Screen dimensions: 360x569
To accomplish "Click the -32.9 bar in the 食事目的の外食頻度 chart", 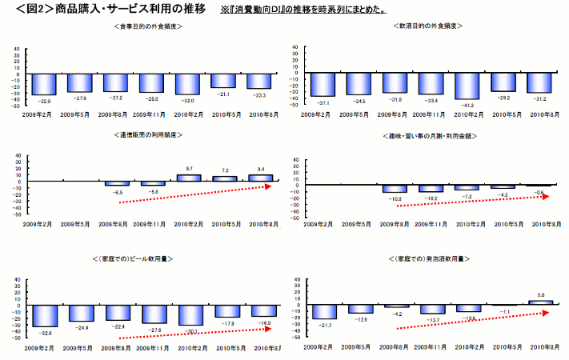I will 45,83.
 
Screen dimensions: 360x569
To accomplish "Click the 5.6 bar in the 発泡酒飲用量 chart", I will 541,302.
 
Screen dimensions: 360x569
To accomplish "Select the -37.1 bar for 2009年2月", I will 323,84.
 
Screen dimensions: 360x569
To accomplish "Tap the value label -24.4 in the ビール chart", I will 82,326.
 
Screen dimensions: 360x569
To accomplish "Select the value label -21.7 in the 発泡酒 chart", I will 323,324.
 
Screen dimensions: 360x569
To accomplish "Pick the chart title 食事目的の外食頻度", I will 150,26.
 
